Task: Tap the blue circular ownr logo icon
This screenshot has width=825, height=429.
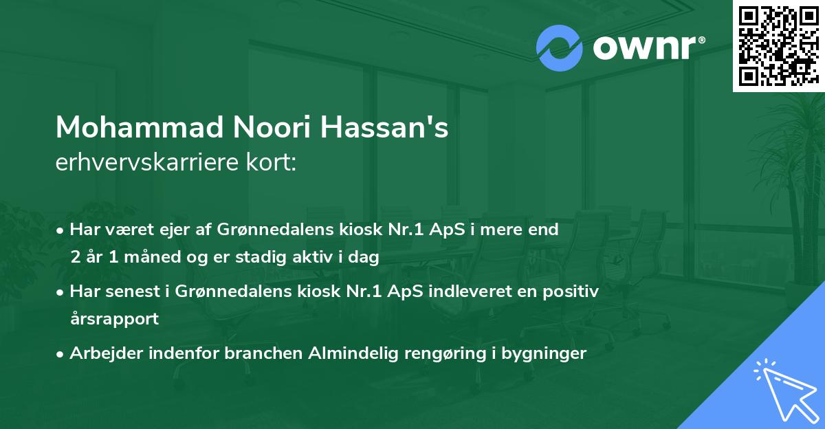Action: pos(560,48)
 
